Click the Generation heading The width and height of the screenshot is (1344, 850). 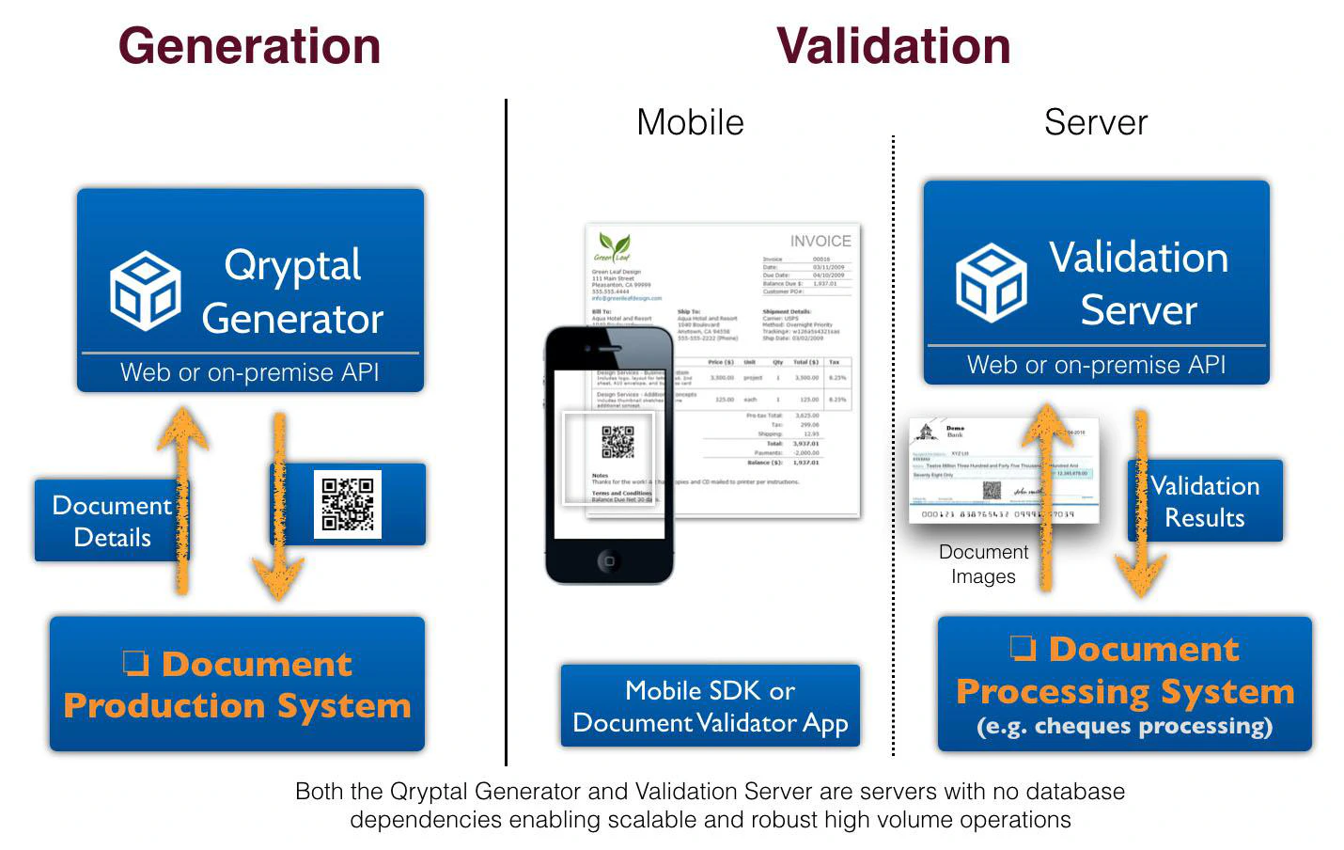click(249, 46)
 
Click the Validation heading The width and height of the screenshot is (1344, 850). click(893, 46)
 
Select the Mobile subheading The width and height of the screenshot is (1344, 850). click(690, 122)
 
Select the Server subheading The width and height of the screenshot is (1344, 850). click(1096, 122)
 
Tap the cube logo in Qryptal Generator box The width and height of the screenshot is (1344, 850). click(145, 291)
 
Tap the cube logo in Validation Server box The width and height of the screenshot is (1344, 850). click(991, 283)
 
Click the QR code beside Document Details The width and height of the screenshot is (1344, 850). click(348, 504)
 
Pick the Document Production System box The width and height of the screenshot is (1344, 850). click(237, 685)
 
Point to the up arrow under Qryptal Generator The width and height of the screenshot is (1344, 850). click(182, 498)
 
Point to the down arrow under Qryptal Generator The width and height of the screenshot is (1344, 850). click(278, 508)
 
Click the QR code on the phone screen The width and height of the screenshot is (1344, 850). click(617, 442)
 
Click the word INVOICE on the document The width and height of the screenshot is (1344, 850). click(820, 242)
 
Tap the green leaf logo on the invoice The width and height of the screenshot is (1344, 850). click(614, 247)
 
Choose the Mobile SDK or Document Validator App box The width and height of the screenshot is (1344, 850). click(711, 706)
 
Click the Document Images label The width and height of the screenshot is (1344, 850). click(983, 564)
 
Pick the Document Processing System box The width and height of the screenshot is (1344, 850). click(1124, 685)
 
